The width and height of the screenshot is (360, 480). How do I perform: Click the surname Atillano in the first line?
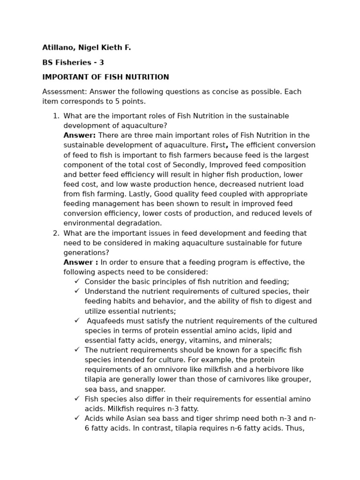click(58, 48)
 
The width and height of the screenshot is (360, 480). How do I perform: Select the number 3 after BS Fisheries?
click(101, 62)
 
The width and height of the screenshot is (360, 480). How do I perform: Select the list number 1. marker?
click(56, 116)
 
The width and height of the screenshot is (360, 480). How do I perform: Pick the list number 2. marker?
click(56, 233)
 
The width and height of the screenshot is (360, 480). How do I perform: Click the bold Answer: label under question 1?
click(79, 135)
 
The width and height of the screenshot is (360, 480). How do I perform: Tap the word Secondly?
click(190, 165)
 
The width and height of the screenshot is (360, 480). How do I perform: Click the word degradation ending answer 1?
click(140, 224)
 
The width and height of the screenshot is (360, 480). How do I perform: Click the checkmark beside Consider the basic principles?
click(77, 281)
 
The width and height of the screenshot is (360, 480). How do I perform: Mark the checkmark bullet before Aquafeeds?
click(77, 321)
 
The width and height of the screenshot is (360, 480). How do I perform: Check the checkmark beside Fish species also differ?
click(77, 398)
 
